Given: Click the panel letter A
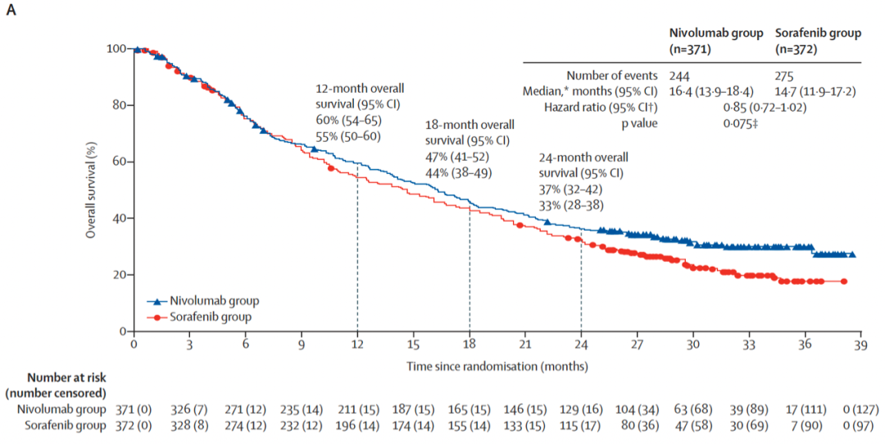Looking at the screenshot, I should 11,14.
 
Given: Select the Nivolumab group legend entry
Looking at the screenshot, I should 206,301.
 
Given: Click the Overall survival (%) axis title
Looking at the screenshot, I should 93,190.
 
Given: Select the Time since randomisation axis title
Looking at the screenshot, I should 497,365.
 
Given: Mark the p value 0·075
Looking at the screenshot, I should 741,123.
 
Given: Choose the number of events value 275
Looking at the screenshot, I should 787,76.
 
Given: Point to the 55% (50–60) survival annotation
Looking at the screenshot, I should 349,136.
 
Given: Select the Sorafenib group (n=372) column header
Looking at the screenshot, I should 818,41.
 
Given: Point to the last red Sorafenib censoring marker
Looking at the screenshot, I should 844,282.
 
